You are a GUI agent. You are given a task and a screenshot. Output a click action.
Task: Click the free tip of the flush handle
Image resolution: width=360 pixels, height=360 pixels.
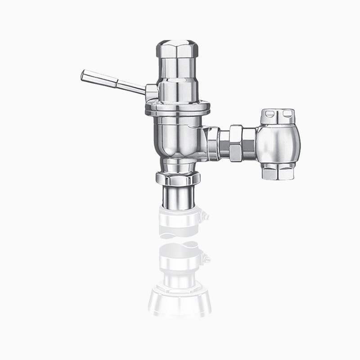point(84,75)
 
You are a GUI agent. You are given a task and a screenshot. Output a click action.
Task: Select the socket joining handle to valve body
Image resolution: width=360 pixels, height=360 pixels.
point(152,92)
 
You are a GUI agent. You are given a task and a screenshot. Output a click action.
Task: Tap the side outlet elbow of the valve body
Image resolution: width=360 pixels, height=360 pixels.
point(210,142)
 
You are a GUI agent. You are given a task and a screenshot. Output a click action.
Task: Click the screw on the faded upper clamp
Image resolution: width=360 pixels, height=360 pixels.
point(207,216)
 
